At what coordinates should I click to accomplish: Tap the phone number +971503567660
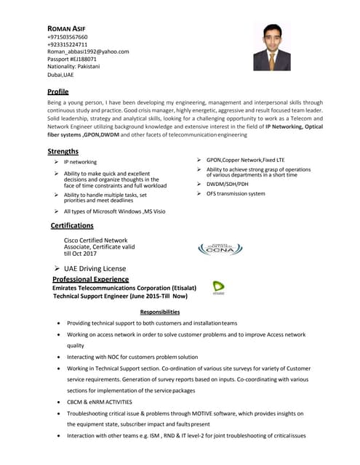click(x=67, y=36)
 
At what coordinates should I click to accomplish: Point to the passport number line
click(x=71, y=59)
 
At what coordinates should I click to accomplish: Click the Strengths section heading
click(x=63, y=151)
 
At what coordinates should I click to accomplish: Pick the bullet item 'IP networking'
click(x=80, y=162)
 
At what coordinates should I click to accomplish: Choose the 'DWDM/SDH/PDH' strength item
click(x=227, y=184)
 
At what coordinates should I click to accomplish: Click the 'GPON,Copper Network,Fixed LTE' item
click(x=245, y=159)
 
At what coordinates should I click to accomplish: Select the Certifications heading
click(x=77, y=226)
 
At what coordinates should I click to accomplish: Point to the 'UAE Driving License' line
click(x=95, y=268)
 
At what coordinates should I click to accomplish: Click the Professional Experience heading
click(x=90, y=279)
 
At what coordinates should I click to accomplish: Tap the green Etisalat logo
click(x=218, y=288)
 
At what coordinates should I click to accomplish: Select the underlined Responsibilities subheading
click(x=159, y=312)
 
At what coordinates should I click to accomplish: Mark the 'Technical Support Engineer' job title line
click(x=120, y=296)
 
